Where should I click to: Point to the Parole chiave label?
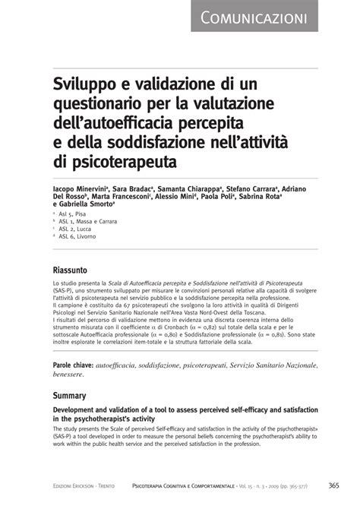point(73,366)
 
